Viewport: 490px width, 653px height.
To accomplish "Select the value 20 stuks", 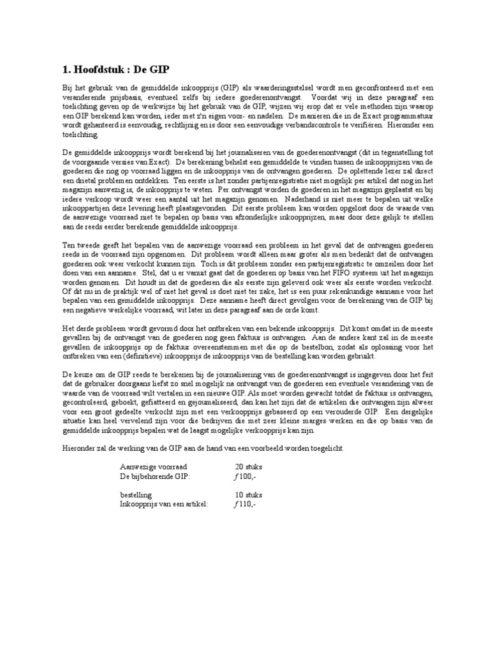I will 249,467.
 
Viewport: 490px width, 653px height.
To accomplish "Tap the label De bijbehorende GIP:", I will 155,476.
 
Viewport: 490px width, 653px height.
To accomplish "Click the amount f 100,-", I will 245,476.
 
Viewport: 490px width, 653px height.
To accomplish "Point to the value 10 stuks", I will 249,495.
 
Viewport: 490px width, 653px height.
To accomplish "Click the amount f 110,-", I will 245,504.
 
